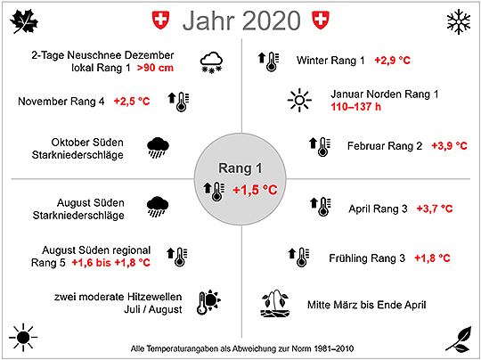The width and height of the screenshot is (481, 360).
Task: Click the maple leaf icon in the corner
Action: (x=24, y=20)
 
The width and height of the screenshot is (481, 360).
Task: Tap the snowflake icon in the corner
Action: (x=459, y=21)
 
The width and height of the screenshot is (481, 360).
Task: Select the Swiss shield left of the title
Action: (x=160, y=20)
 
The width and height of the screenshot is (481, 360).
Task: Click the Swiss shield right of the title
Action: (x=321, y=20)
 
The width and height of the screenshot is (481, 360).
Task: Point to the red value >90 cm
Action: (x=155, y=68)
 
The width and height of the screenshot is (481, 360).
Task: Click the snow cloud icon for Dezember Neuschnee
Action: (x=211, y=62)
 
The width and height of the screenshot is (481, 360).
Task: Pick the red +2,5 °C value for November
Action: (x=132, y=102)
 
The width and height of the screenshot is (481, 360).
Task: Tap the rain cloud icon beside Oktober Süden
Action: (x=158, y=148)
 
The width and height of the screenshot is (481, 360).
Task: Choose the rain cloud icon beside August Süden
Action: (x=158, y=207)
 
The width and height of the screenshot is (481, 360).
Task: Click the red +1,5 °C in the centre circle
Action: (x=255, y=190)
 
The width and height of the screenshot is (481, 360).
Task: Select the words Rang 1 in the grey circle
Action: (x=240, y=168)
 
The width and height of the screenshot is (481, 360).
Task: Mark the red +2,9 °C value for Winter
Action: (x=392, y=61)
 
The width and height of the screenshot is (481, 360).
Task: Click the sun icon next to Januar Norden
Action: (x=299, y=100)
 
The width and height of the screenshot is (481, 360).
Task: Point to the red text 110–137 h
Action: (x=355, y=107)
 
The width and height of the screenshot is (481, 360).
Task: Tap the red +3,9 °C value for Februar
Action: (x=450, y=146)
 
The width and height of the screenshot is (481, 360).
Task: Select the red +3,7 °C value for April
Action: (x=435, y=209)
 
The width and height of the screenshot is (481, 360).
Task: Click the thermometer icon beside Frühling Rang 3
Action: (x=298, y=257)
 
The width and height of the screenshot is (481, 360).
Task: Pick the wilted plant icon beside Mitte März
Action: (x=275, y=303)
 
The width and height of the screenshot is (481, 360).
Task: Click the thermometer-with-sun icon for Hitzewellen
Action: (x=208, y=302)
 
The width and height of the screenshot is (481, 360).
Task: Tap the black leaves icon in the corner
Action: (x=459, y=340)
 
